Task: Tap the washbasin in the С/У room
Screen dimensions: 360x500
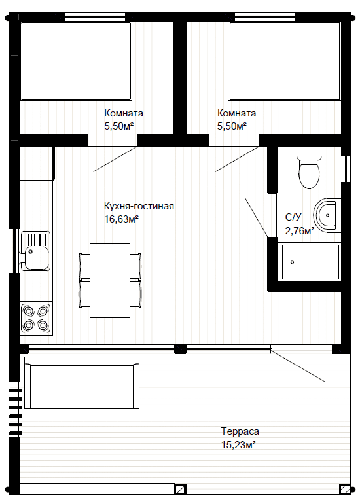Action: click(x=327, y=215)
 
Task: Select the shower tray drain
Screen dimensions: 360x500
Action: click(x=292, y=262)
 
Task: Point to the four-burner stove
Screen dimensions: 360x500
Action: click(x=36, y=318)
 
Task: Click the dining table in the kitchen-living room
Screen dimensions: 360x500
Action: click(x=110, y=281)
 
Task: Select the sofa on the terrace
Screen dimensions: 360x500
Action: click(x=82, y=383)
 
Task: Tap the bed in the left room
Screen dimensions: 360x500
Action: click(x=76, y=62)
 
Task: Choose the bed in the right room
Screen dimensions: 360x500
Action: click(x=284, y=62)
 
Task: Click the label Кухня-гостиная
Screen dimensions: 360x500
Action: click(x=139, y=206)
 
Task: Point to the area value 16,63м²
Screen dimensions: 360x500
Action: click(x=121, y=219)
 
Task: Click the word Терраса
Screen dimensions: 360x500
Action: click(x=240, y=431)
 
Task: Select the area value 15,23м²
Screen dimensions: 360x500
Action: click(x=238, y=444)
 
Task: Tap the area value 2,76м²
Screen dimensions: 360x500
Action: click(x=299, y=230)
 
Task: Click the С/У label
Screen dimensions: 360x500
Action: click(x=293, y=217)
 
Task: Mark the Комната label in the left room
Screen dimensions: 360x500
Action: click(x=124, y=113)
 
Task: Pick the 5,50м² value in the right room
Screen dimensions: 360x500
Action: click(x=232, y=126)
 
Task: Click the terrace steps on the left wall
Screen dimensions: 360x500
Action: click(x=16, y=412)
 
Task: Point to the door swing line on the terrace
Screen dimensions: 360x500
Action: click(x=298, y=366)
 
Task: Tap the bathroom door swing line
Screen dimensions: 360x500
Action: click(x=257, y=217)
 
